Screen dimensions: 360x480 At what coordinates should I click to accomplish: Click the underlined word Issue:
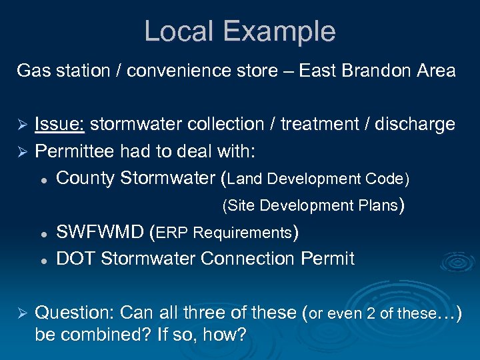point(59,124)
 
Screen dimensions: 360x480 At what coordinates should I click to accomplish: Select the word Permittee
point(74,151)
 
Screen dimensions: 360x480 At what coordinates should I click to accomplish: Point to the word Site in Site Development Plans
point(242,205)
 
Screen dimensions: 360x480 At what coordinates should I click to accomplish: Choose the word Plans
point(376,205)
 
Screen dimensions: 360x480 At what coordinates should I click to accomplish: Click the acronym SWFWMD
point(100,233)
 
